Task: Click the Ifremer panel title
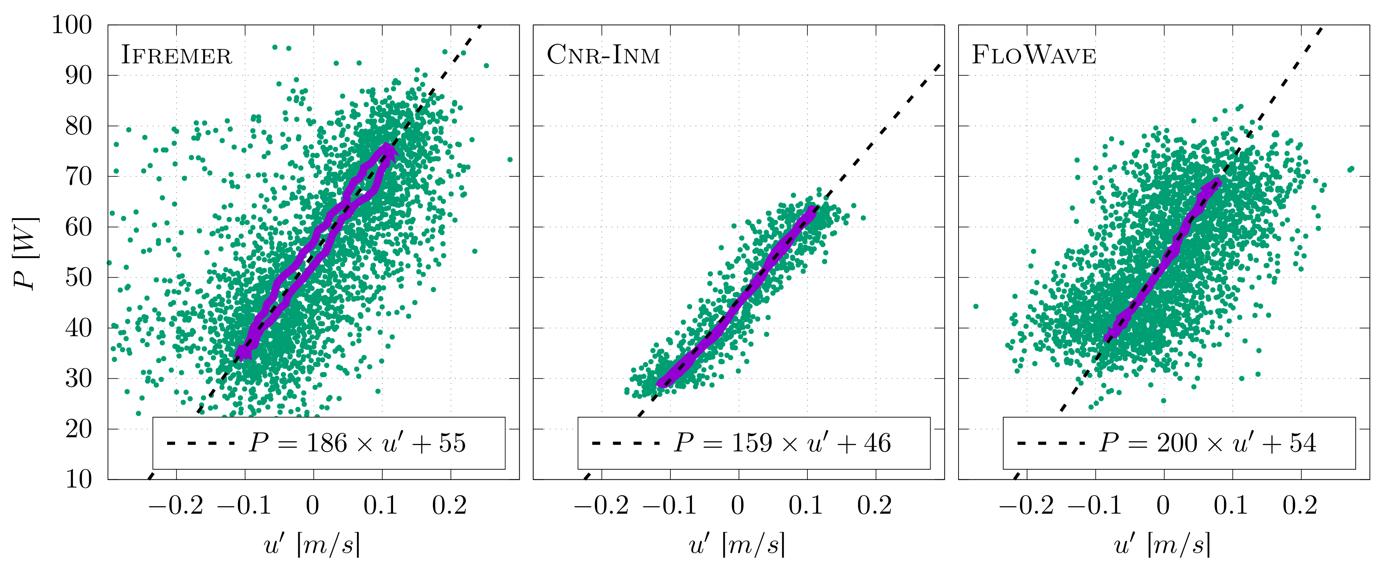pyautogui.click(x=176, y=55)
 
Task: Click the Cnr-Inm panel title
pyautogui.click(x=603, y=55)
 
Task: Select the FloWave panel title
pyautogui.click(x=1034, y=55)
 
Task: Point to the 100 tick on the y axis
pyautogui.click(x=71, y=25)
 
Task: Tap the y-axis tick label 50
pyautogui.click(x=79, y=278)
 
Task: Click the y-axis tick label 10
pyautogui.click(x=79, y=479)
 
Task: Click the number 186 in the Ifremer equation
pyautogui.click(x=327, y=443)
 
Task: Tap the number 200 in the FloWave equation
pyautogui.click(x=1177, y=443)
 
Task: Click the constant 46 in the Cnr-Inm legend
pyautogui.click(x=878, y=443)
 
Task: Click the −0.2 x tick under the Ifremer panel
pyautogui.click(x=176, y=505)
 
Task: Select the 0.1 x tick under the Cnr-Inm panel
pyautogui.click(x=806, y=505)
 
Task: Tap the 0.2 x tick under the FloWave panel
pyautogui.click(x=1300, y=505)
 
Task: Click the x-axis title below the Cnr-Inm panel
pyautogui.click(x=738, y=544)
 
